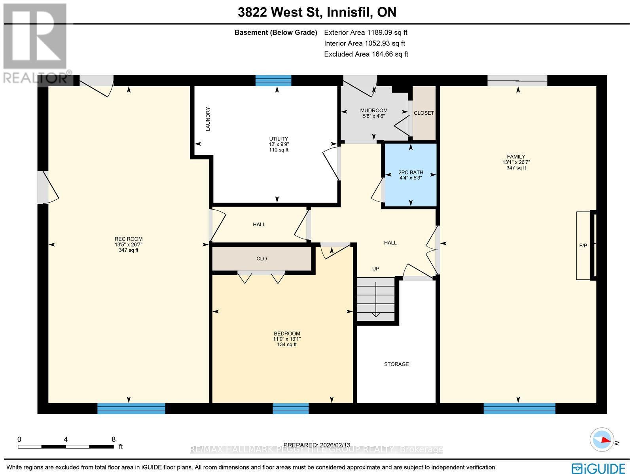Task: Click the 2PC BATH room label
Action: pos(411,173)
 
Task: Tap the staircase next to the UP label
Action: pos(376,299)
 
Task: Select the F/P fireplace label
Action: pos(583,246)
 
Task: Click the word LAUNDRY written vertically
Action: pos(208,119)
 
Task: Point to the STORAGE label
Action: pos(396,364)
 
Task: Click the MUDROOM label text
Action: pos(374,110)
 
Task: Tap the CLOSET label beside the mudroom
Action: pos(424,113)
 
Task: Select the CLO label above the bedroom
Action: pos(262,259)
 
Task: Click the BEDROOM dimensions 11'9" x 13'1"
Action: pos(287,339)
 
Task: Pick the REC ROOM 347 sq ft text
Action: pos(129,250)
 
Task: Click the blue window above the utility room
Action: pos(273,81)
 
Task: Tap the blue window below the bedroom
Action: pos(291,408)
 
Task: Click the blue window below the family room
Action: pos(519,408)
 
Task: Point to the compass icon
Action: pos(601,440)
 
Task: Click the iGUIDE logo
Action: pos(600,468)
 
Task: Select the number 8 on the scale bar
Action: pos(114,439)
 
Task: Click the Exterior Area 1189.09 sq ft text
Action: pos(366,33)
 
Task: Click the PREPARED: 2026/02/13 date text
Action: pos(316,445)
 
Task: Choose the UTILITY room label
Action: pos(279,139)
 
